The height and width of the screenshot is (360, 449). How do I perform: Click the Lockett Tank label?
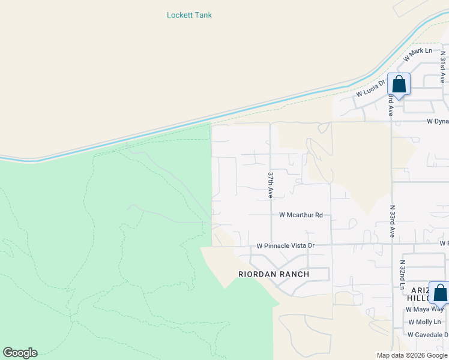[189, 15]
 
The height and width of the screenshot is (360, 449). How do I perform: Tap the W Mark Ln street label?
[418, 55]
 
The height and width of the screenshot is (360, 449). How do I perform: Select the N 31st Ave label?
[442, 67]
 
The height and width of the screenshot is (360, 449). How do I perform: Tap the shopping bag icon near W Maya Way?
[439, 293]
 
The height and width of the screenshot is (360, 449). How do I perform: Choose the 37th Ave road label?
[271, 185]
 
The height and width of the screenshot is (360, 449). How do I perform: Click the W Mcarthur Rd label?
[301, 215]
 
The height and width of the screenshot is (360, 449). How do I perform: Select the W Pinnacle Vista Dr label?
[285, 246]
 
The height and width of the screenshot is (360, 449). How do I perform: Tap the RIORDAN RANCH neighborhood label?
[274, 274]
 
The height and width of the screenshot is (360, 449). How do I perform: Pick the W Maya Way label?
[424, 310]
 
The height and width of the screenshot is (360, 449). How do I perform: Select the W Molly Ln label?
[424, 322]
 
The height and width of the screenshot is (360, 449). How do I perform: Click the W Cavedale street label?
[427, 335]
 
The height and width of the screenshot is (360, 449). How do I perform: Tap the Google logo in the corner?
[20, 353]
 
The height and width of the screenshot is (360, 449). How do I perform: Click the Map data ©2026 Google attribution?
[412, 355]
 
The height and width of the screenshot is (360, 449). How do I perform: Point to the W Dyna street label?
[437, 121]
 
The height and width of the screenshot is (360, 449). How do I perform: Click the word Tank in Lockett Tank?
[203, 15]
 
